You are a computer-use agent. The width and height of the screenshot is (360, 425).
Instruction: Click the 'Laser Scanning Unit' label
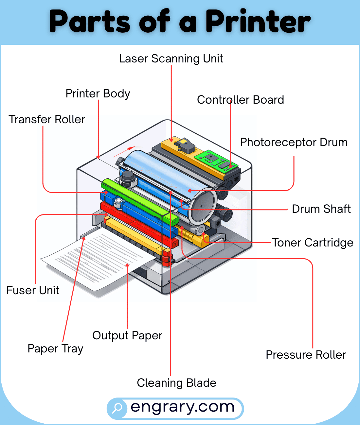[171, 59]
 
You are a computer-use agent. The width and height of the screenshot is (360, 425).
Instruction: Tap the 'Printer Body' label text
[98, 94]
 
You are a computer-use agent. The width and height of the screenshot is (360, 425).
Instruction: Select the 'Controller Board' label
[240, 100]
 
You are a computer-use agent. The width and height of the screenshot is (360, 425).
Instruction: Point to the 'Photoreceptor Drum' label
[294, 143]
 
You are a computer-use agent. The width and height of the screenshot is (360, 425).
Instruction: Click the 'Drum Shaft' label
[321, 209]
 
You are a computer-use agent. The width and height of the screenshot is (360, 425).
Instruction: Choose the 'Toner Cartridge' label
[313, 243]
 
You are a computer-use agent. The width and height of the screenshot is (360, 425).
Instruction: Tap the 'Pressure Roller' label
[306, 355]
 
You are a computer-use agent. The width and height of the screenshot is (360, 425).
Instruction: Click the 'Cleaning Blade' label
[176, 383]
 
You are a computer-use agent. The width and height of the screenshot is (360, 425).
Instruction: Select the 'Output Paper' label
[127, 335]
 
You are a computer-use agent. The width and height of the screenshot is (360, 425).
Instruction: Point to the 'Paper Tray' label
[55, 348]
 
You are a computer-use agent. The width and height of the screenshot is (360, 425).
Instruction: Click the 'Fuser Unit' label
[33, 290]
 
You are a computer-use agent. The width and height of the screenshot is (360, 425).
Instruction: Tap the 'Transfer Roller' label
[47, 120]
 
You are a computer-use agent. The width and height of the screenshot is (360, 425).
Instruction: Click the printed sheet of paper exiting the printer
[98, 258]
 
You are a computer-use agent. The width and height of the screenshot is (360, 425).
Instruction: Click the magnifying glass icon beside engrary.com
[117, 408]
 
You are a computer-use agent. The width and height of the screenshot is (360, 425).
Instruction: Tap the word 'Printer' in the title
[258, 21]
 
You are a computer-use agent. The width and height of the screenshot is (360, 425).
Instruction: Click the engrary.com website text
[182, 407]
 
